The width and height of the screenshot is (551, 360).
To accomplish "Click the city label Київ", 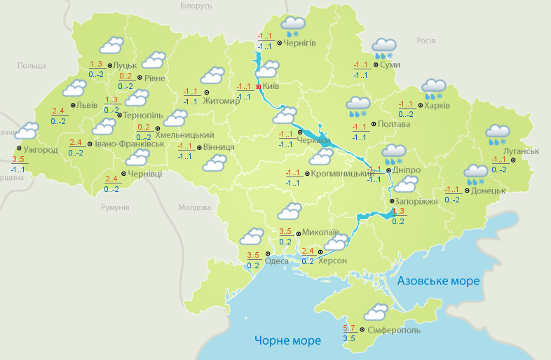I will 271,86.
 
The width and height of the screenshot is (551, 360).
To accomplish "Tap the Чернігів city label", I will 300,43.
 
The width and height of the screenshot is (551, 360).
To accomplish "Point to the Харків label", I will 437,106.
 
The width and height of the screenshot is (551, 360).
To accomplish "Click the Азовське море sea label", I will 438,281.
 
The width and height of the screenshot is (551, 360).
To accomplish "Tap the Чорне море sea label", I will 288,340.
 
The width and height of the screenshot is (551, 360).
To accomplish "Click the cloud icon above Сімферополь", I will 376,311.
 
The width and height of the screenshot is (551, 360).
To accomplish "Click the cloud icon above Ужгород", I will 27,131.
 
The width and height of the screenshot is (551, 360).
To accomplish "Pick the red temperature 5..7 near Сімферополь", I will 350,328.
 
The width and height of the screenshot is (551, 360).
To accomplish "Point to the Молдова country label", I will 194,208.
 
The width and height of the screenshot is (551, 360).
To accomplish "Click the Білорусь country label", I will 196,6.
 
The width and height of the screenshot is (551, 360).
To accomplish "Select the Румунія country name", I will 115,208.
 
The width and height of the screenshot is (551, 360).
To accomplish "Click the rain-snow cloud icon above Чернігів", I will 290,27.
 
